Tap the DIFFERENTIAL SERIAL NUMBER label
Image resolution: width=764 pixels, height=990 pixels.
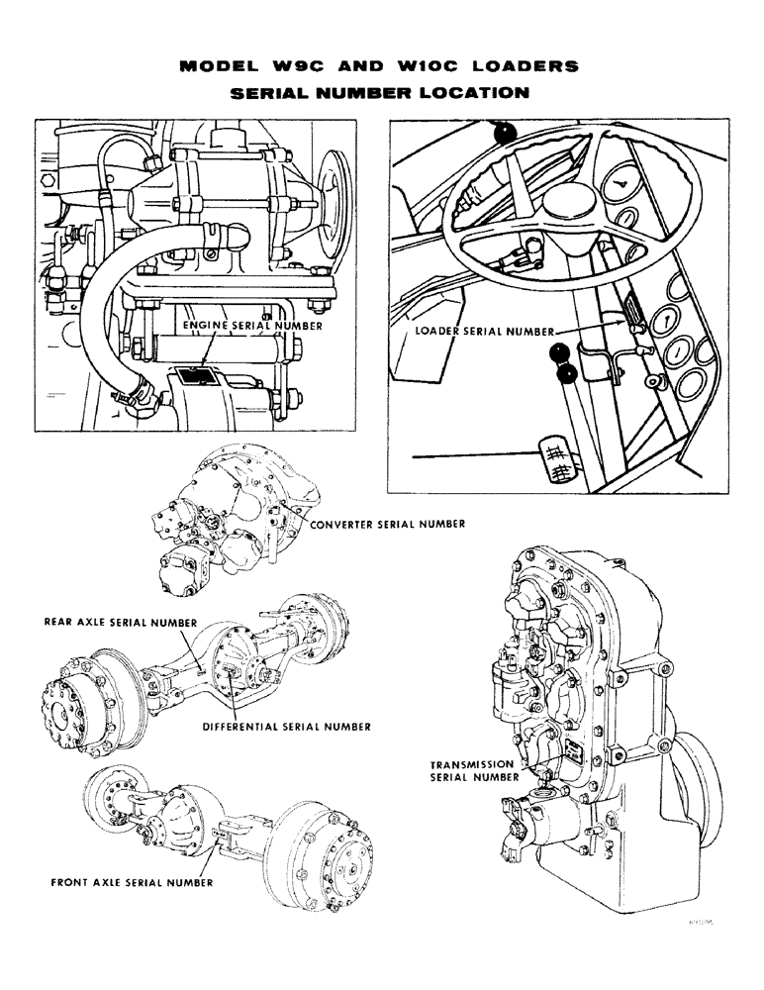(286, 726)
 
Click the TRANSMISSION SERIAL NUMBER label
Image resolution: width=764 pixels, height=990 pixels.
(474, 771)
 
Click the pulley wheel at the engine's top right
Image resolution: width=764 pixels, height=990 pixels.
(337, 193)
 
